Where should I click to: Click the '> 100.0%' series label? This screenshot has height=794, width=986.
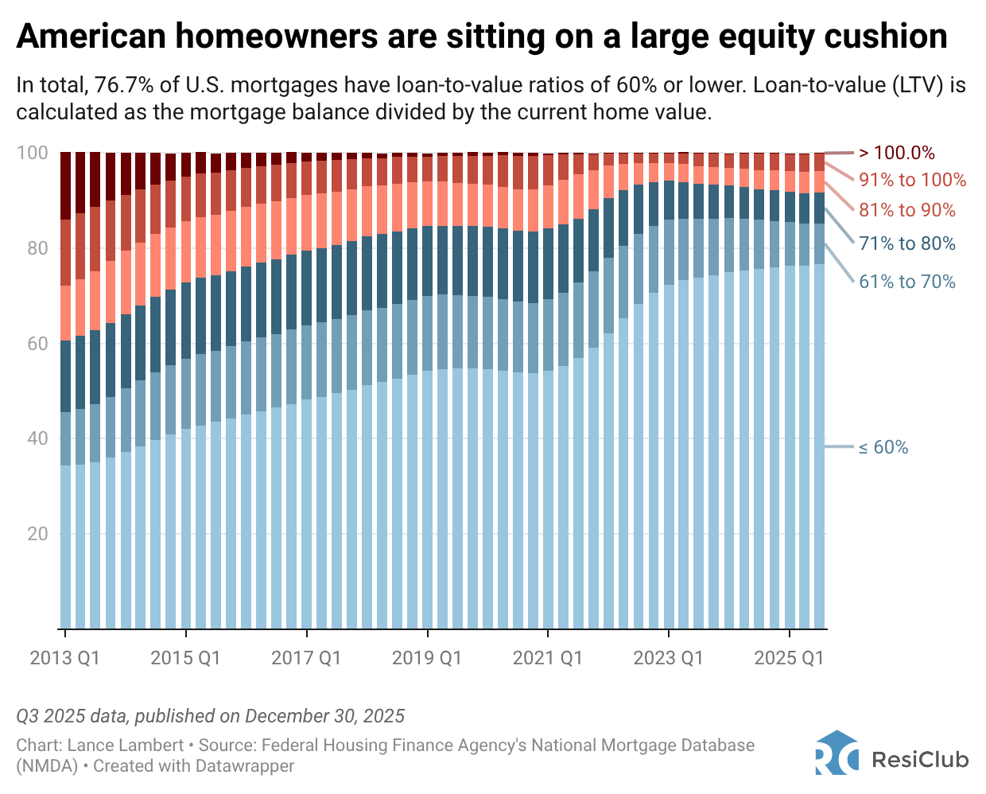tap(896, 153)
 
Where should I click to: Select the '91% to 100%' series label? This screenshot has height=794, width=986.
tap(912, 180)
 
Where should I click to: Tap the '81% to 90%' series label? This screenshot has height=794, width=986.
tap(906, 210)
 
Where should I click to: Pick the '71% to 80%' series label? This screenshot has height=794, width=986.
tap(906, 243)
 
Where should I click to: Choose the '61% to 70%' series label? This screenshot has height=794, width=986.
tap(906, 282)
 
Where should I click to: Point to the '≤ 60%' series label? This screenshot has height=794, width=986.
tap(883, 447)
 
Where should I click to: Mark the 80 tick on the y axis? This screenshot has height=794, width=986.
tap(37, 248)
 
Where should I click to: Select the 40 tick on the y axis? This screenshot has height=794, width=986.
tap(37, 438)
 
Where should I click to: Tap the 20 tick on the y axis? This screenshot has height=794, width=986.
tap(37, 534)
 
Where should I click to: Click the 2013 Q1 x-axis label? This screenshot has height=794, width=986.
tap(65, 658)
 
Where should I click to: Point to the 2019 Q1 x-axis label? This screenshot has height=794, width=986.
tap(427, 658)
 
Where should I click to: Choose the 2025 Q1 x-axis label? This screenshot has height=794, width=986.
tap(789, 658)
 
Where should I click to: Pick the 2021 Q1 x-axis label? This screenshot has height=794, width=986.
tap(548, 658)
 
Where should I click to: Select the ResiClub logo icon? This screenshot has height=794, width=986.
tap(837, 753)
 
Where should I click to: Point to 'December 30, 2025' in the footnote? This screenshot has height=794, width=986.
tap(324, 716)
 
